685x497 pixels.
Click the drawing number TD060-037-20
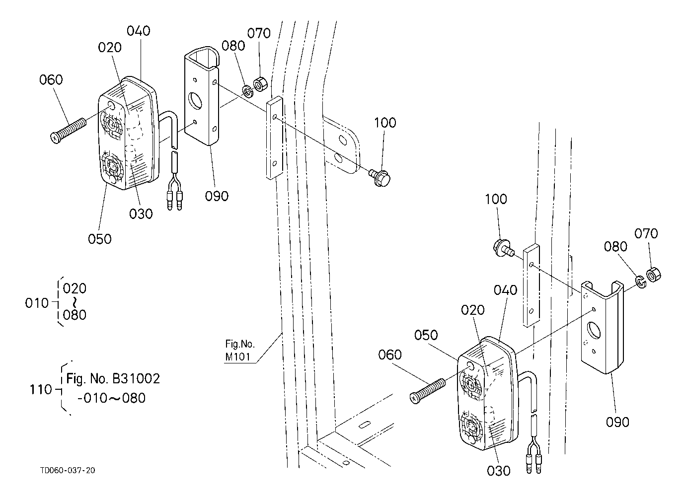point(68,470)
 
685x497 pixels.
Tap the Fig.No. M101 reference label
point(240,351)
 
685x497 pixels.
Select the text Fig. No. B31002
point(113,379)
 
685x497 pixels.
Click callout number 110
point(41,390)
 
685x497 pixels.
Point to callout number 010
point(37,303)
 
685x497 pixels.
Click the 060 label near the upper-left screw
point(51,79)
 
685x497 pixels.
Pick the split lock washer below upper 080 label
point(248,92)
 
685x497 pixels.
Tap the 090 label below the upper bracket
point(217,196)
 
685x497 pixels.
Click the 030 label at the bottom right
point(498,471)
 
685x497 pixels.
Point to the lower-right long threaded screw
point(428,391)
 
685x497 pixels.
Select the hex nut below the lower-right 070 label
point(654,275)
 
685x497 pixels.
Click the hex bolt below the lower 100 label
point(504,248)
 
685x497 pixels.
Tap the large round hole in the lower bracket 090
point(594,330)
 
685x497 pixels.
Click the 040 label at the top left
point(139,31)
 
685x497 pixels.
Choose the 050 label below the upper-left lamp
point(100,239)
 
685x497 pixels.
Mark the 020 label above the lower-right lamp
point(473,310)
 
